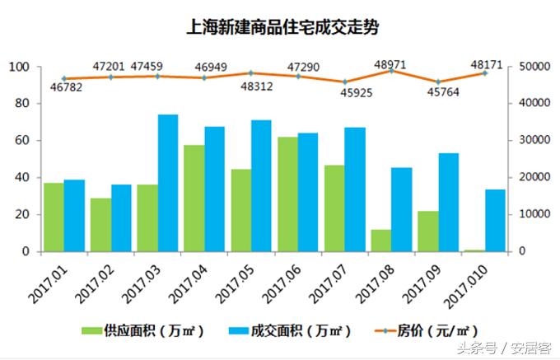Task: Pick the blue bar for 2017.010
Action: click(495, 220)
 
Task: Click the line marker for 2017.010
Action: click(485, 73)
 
